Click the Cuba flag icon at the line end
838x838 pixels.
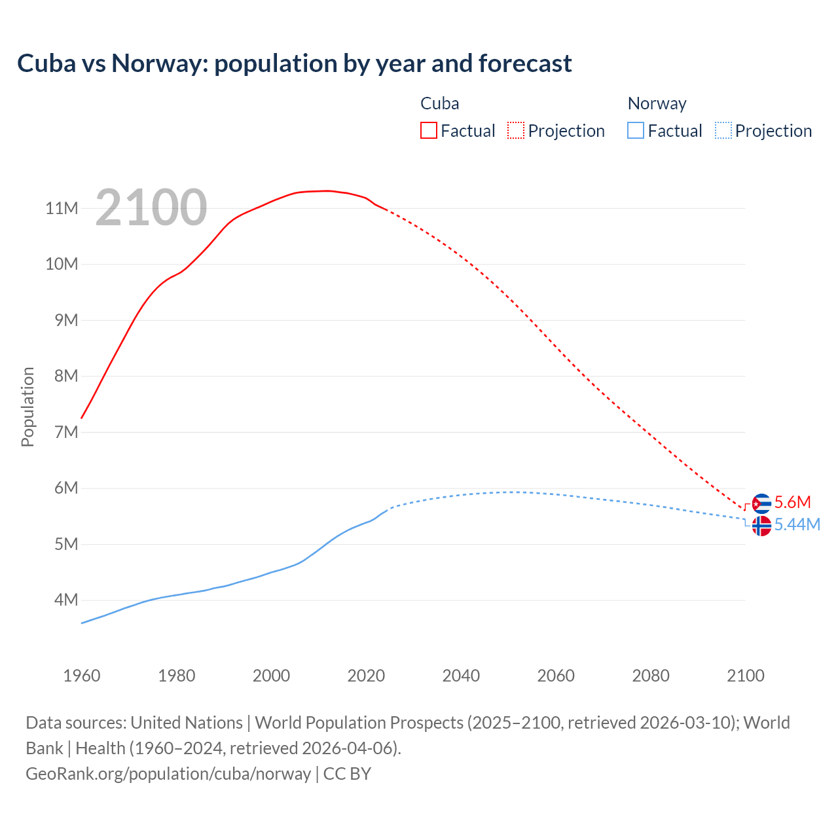pos(761,503)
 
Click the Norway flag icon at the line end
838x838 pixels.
pos(761,526)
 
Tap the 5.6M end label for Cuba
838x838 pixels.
pos(792,502)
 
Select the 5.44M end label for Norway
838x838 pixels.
pos(797,524)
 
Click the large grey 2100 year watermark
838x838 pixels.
pos(151,208)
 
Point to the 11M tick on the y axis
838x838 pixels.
pos(62,208)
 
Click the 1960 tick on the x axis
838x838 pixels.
pos(82,676)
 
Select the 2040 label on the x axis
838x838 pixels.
pos(461,676)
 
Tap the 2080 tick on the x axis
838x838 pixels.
pos(651,676)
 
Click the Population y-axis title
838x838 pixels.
pos(27,407)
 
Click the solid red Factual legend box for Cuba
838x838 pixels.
pos(429,130)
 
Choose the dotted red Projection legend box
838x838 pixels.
pos(516,130)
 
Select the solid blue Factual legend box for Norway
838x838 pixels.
pos(636,130)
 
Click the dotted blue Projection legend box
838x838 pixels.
pos(723,130)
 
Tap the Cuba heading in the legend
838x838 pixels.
pos(439,103)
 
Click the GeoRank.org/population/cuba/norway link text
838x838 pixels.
pos(168,773)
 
